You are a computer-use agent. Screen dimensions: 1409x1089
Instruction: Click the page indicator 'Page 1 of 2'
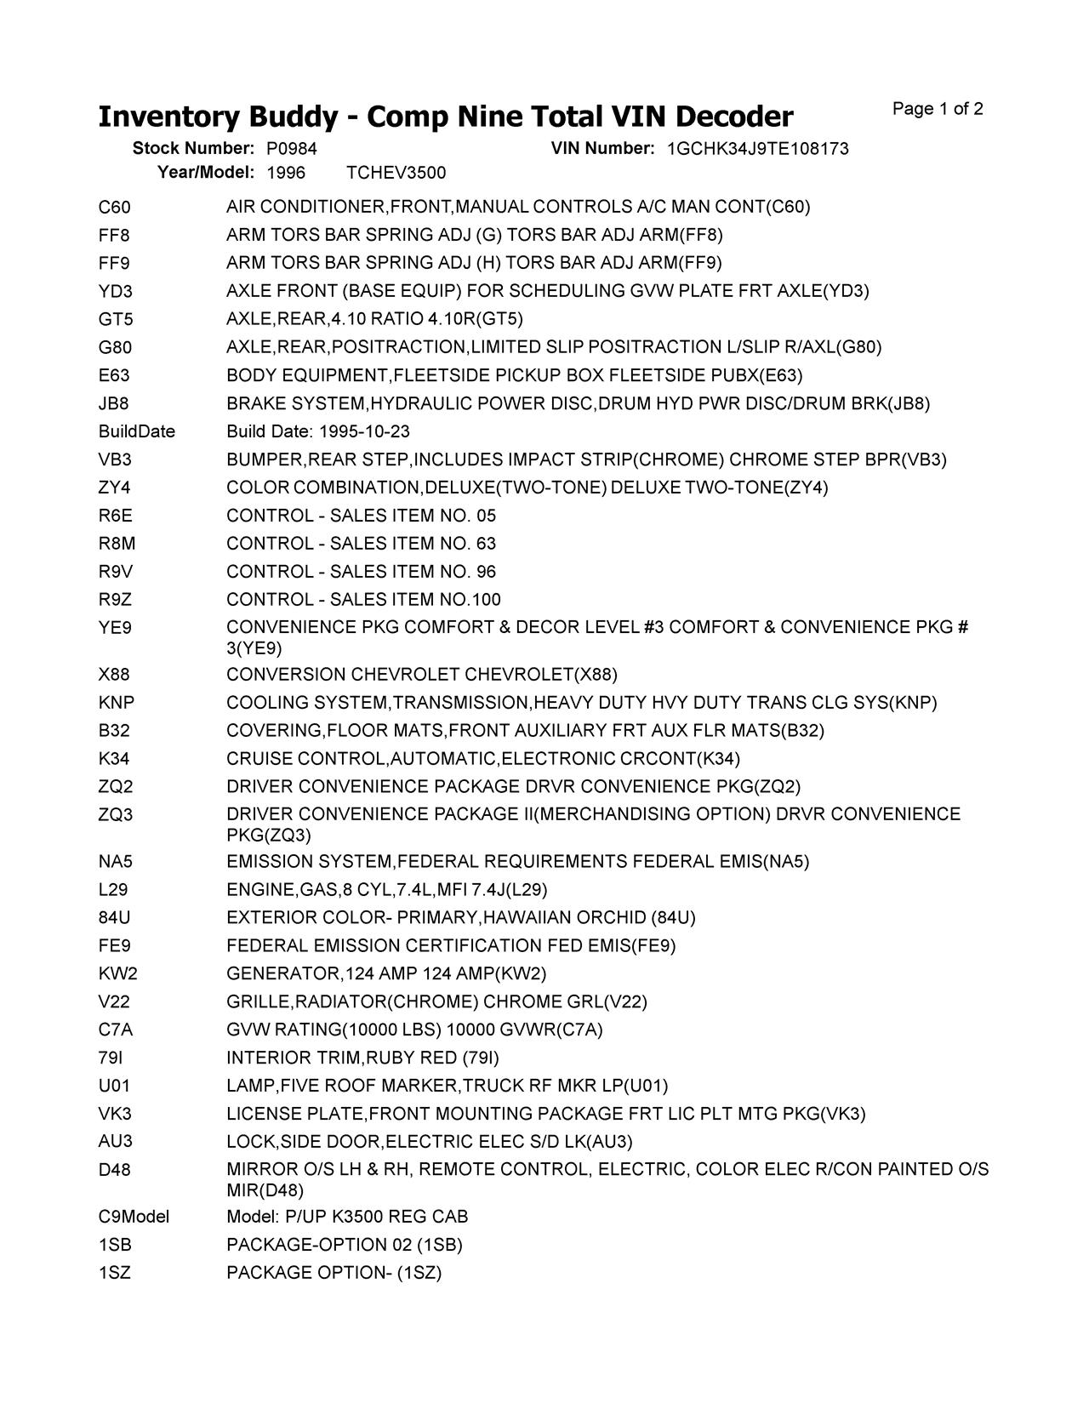[x=938, y=109]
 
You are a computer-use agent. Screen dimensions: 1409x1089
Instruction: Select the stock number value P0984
[x=292, y=149]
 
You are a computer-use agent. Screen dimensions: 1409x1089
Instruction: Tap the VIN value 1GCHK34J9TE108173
[x=757, y=149]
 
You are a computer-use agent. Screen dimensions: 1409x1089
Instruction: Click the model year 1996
[x=286, y=173]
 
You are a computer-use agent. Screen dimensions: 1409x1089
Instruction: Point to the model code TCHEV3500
[x=396, y=173]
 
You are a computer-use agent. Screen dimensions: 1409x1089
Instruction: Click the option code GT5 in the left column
[x=116, y=320]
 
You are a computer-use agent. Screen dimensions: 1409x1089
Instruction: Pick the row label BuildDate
[x=136, y=431]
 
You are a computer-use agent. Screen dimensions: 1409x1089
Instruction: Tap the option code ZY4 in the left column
[x=114, y=488]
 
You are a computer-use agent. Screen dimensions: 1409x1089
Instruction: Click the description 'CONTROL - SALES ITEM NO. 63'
[x=361, y=544]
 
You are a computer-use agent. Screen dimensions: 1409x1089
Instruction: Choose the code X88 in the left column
[x=114, y=675]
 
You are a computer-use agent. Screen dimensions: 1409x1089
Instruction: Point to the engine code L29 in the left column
[x=113, y=890]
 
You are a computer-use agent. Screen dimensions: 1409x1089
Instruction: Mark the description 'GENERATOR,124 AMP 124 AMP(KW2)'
[x=386, y=973]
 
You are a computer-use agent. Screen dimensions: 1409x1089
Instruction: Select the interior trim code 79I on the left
[x=111, y=1058]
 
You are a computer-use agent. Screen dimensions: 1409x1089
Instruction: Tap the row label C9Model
[x=134, y=1217]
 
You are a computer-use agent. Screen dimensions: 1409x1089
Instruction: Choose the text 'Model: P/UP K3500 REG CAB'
[x=347, y=1217]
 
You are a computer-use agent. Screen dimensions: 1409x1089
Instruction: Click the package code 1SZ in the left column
[x=115, y=1273]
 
